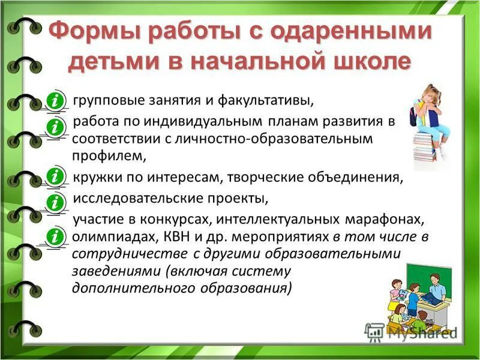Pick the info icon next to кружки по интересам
click(x=56, y=176)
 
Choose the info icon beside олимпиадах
click(x=56, y=235)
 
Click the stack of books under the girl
click(x=425, y=146)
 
